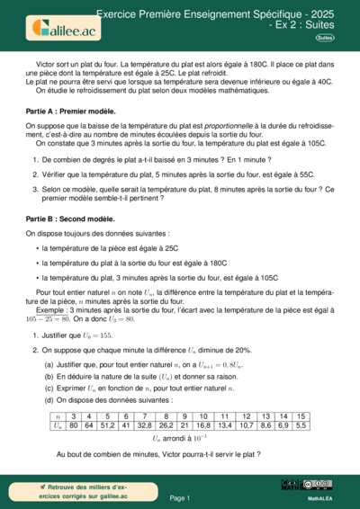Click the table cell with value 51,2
(x=107, y=424)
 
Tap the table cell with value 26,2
(x=166, y=424)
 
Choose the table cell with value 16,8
(x=203, y=424)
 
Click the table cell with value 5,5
(x=301, y=424)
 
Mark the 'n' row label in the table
(x=58, y=415)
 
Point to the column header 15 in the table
(x=301, y=415)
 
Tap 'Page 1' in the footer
(x=179, y=496)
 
